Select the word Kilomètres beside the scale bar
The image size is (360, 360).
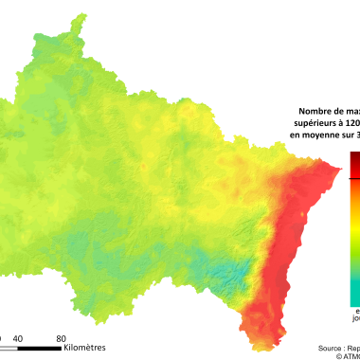[x=85, y=348]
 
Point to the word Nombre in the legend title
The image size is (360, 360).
[x=315, y=112]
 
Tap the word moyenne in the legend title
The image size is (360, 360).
[x=326, y=135]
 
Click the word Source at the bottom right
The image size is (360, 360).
[x=332, y=348]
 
